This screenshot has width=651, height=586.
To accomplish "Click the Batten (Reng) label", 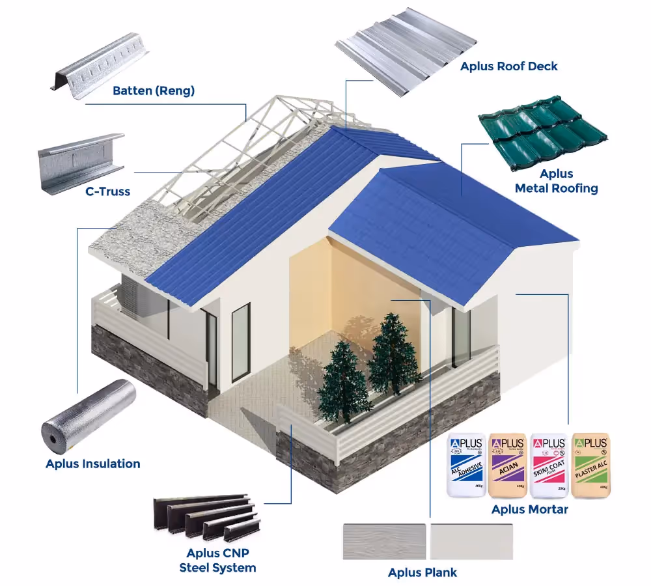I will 154,91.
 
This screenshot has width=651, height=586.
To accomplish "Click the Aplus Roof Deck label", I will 509,66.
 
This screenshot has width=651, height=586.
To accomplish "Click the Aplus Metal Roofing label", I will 556,181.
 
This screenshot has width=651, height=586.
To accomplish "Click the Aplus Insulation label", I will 93,464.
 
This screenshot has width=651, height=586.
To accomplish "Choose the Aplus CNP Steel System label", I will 217,561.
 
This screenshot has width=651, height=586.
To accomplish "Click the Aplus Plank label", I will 422,572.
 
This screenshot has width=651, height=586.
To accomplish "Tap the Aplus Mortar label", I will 529,509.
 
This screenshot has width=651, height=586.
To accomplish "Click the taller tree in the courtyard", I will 393,355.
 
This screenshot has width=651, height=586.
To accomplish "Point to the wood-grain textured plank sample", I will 384,541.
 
